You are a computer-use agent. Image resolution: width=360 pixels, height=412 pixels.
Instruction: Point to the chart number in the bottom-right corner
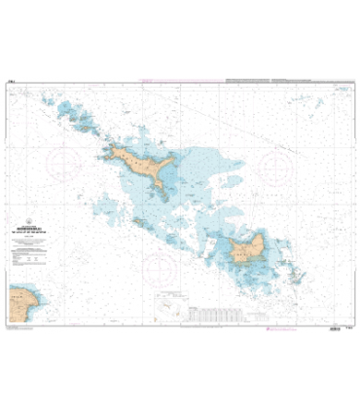[346, 330]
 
